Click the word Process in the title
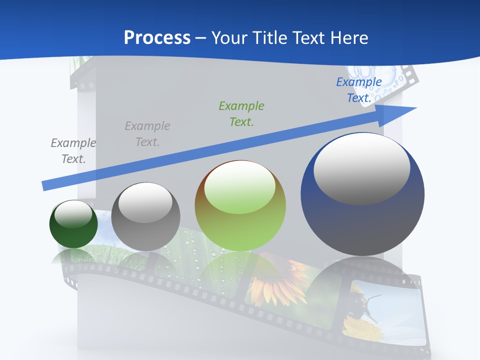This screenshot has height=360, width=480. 157,38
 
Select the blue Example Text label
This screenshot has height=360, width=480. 358,90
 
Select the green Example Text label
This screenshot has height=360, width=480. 241,113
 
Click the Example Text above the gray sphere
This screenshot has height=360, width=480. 147,133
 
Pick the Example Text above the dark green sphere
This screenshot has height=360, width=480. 73,150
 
